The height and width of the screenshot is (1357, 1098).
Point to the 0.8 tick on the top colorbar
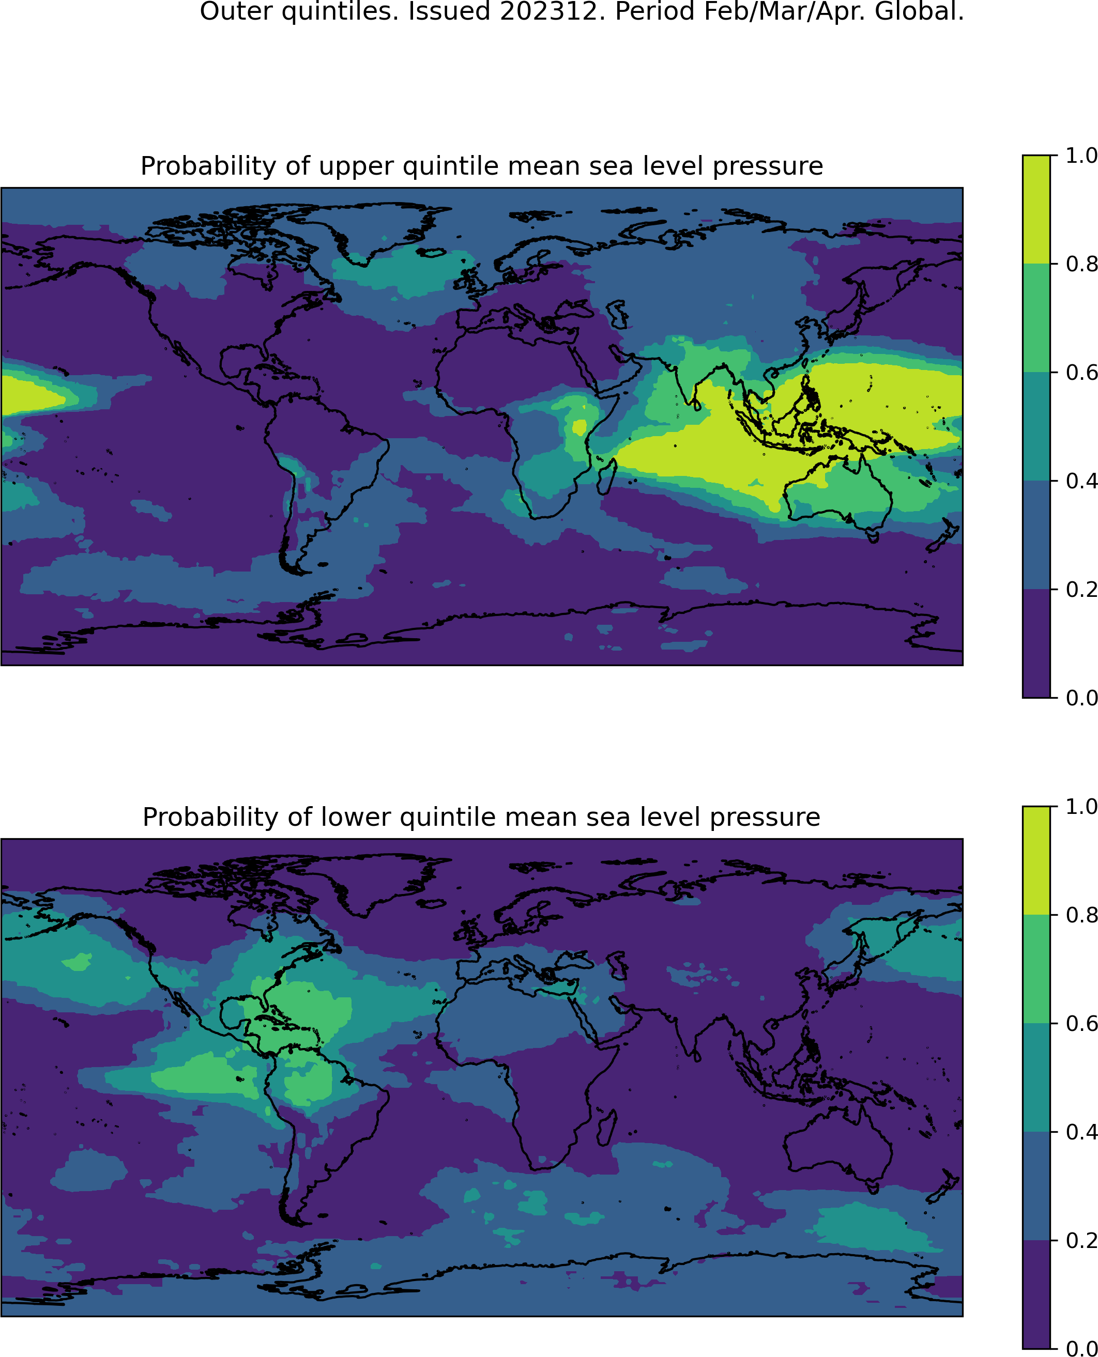[1053, 264]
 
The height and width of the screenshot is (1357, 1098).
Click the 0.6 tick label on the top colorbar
[1080, 373]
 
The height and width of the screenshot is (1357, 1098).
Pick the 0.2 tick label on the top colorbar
[1080, 589]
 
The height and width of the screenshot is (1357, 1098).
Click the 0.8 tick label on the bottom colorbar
[1080, 915]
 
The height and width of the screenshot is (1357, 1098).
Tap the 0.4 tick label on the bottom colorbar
[1080, 1132]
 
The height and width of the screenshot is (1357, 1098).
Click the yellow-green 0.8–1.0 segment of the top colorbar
[1036, 209]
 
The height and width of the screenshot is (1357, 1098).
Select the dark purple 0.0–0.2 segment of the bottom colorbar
[1036, 1294]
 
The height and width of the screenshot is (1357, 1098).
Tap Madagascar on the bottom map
[607, 1128]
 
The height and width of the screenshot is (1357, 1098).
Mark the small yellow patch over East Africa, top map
[579, 427]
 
